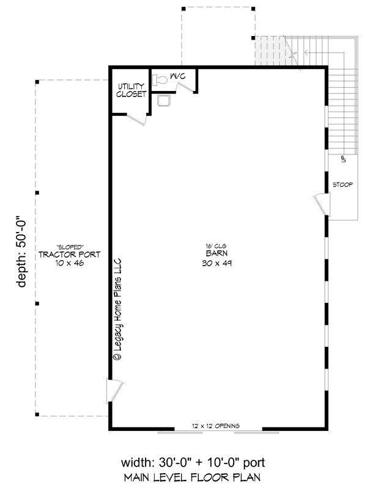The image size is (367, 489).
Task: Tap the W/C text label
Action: pos(178,76)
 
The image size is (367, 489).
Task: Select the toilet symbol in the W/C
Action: pos(160,79)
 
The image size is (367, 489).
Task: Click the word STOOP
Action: pos(342,184)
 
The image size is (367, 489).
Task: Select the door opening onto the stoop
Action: pos(321,205)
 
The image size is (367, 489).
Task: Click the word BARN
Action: pos(213,255)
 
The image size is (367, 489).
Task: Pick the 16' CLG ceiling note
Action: pos(213,246)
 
